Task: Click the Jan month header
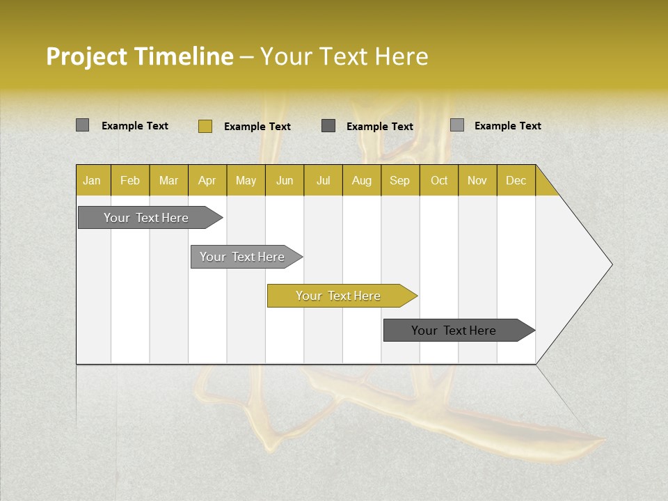92,181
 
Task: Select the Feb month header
130,181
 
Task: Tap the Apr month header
207,181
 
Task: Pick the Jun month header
285,181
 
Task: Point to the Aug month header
362,181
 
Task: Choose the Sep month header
399,181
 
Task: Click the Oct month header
439,181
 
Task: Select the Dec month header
516,181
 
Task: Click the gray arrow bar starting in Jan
146,218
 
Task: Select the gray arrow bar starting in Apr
242,257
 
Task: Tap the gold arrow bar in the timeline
338,296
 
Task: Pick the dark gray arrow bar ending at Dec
454,331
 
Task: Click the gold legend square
205,126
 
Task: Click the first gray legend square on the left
83,125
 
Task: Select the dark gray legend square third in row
328,125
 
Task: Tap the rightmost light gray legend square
457,125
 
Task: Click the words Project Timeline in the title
139,56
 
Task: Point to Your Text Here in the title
344,56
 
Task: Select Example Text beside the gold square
257,127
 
